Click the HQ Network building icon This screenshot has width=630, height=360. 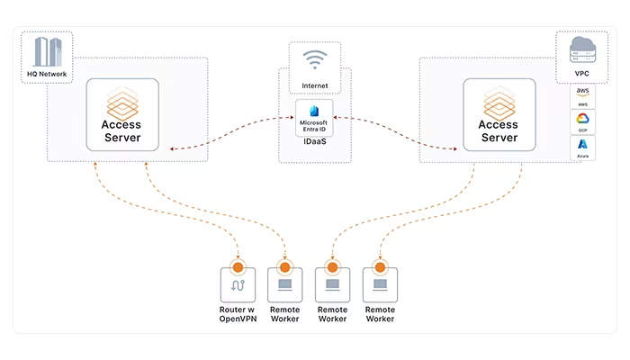click(x=48, y=51)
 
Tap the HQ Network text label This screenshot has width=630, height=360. click(x=47, y=74)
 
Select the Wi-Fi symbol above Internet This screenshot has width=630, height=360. click(x=315, y=60)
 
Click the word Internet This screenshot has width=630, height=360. click(x=315, y=85)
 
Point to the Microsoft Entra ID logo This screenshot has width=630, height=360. click(x=314, y=111)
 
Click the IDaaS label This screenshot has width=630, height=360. click(x=315, y=141)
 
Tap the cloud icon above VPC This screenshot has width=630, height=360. click(x=582, y=49)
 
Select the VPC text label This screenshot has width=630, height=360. click(x=581, y=74)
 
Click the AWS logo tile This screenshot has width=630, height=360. click(x=582, y=96)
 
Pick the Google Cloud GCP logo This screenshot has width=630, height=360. click(x=582, y=119)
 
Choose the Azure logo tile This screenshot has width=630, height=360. click(x=582, y=148)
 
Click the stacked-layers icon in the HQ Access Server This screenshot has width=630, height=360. click(x=122, y=103)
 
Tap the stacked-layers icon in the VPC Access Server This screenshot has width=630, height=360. click(x=499, y=103)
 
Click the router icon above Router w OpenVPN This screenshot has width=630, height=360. click(x=238, y=285)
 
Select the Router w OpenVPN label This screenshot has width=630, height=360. click(x=238, y=314)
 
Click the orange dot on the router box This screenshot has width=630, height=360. click(x=238, y=266)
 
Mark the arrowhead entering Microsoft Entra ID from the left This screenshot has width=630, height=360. click(x=292, y=118)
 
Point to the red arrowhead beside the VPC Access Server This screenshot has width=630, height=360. click(x=454, y=149)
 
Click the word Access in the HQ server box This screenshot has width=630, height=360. click(x=121, y=124)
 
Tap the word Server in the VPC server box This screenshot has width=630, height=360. click(x=499, y=138)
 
